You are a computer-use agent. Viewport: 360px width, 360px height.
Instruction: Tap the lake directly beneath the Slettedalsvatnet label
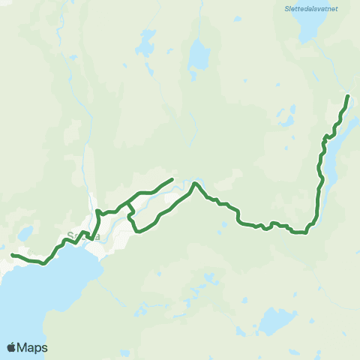click(x=310, y=30)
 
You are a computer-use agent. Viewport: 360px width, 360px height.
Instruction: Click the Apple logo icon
click(x=12, y=347)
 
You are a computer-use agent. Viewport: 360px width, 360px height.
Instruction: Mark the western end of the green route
click(x=12, y=256)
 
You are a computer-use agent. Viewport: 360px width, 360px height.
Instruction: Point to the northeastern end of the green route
click(x=348, y=96)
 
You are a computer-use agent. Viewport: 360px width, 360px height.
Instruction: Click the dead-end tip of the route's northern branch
click(x=172, y=178)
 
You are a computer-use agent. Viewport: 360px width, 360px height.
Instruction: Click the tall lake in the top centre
click(x=199, y=54)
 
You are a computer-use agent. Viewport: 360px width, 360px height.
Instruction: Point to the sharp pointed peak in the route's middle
click(x=194, y=182)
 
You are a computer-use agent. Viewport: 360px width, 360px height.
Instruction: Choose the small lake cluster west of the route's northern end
click(x=286, y=118)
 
